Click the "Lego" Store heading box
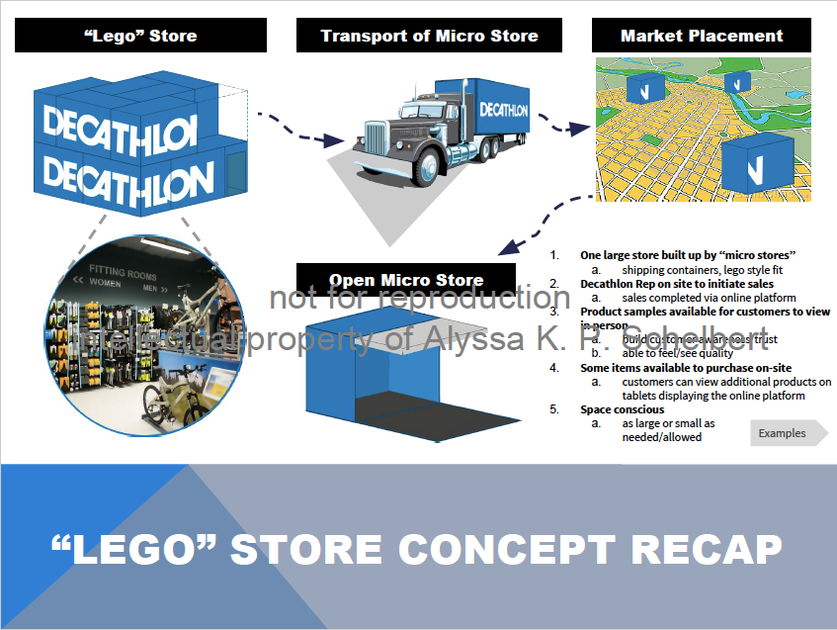(139, 37)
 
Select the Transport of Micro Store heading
(429, 37)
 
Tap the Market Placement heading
(702, 37)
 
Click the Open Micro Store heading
(406, 280)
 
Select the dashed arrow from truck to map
(562, 127)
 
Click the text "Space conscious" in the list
(622, 409)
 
